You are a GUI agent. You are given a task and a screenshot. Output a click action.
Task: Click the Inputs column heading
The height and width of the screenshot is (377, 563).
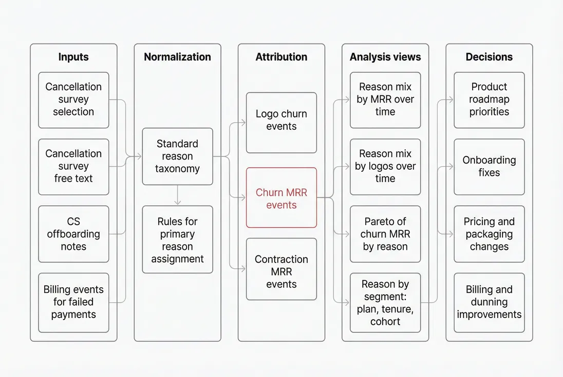click(x=73, y=57)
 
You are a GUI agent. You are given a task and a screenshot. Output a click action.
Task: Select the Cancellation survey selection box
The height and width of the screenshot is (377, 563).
click(x=73, y=100)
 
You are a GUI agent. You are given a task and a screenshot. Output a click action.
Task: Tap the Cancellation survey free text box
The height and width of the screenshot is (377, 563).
click(x=73, y=166)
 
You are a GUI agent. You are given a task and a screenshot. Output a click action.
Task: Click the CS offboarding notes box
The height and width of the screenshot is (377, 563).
click(x=73, y=234)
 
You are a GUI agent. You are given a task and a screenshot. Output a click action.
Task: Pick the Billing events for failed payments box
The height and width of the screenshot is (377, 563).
click(x=73, y=302)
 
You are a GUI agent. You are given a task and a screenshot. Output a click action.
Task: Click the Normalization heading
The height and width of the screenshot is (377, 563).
click(x=177, y=57)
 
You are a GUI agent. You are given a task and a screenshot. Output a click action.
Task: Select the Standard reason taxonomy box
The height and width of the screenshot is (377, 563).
click(x=177, y=156)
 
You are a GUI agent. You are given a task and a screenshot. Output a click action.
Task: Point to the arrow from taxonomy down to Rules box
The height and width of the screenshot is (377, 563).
click(x=177, y=195)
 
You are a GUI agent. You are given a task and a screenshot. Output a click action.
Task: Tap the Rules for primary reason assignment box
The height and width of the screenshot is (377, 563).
click(x=177, y=240)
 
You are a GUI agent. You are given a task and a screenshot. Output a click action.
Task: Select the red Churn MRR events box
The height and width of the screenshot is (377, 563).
click(x=282, y=198)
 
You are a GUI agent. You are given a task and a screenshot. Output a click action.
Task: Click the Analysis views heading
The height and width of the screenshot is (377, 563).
click(x=385, y=57)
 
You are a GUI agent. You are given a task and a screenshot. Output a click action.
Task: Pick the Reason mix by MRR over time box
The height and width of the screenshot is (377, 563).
click(x=385, y=100)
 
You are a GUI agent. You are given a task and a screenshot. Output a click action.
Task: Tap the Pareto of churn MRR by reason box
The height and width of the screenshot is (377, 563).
click(x=385, y=234)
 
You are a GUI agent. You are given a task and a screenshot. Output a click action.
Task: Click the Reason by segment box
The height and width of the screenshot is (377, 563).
click(x=385, y=302)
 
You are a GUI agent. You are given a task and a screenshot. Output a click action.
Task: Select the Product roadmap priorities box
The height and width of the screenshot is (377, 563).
click(x=489, y=100)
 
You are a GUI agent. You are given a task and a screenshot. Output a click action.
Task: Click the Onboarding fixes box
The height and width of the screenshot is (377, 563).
click(x=489, y=166)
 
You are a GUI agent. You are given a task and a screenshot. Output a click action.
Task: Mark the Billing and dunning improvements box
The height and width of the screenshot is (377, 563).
click(x=489, y=302)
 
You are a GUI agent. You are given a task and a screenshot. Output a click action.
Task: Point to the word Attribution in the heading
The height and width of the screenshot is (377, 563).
click(x=282, y=57)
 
